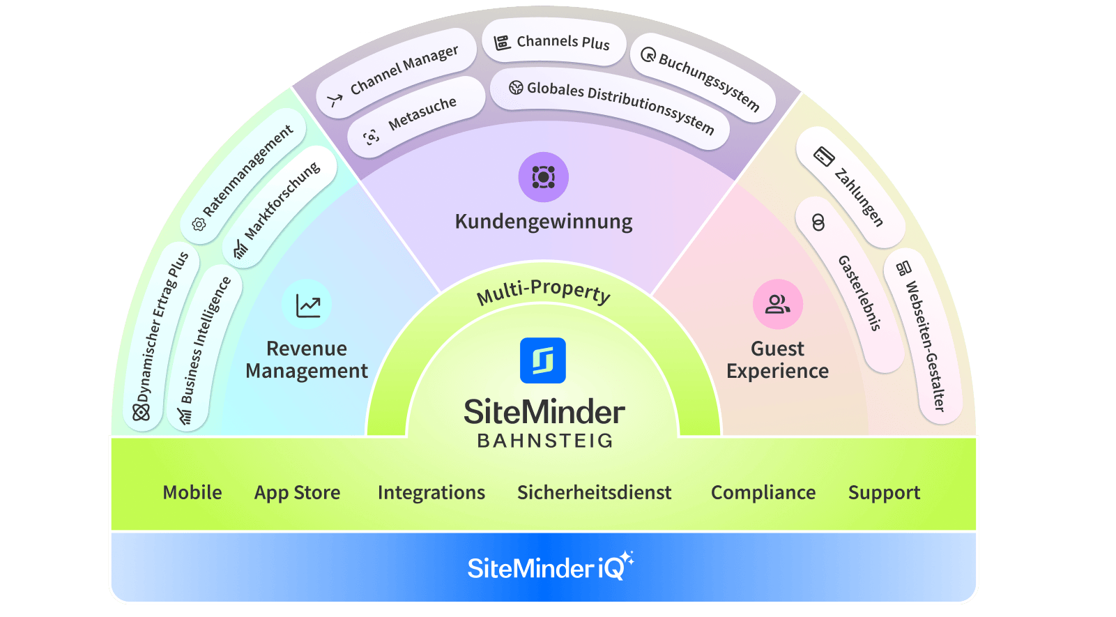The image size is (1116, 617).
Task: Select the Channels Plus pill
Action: click(x=553, y=43)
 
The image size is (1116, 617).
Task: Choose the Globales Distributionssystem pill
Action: click(x=610, y=107)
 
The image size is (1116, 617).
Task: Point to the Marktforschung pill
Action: click(x=280, y=206)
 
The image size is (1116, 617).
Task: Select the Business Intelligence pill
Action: click(x=204, y=346)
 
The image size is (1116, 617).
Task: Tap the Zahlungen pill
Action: click(x=851, y=187)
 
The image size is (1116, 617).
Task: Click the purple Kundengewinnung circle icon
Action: click(x=544, y=177)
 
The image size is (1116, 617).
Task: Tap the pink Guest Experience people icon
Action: click(x=778, y=305)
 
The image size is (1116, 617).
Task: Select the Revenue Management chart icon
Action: click(x=307, y=305)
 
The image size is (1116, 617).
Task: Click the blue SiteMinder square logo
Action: click(x=543, y=360)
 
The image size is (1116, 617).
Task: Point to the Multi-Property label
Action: click(x=544, y=292)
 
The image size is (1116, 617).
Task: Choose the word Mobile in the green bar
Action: click(x=192, y=492)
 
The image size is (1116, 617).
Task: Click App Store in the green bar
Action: click(x=297, y=492)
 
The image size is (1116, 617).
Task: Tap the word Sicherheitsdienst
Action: click(x=594, y=492)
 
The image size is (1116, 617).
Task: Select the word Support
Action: click(x=884, y=492)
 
